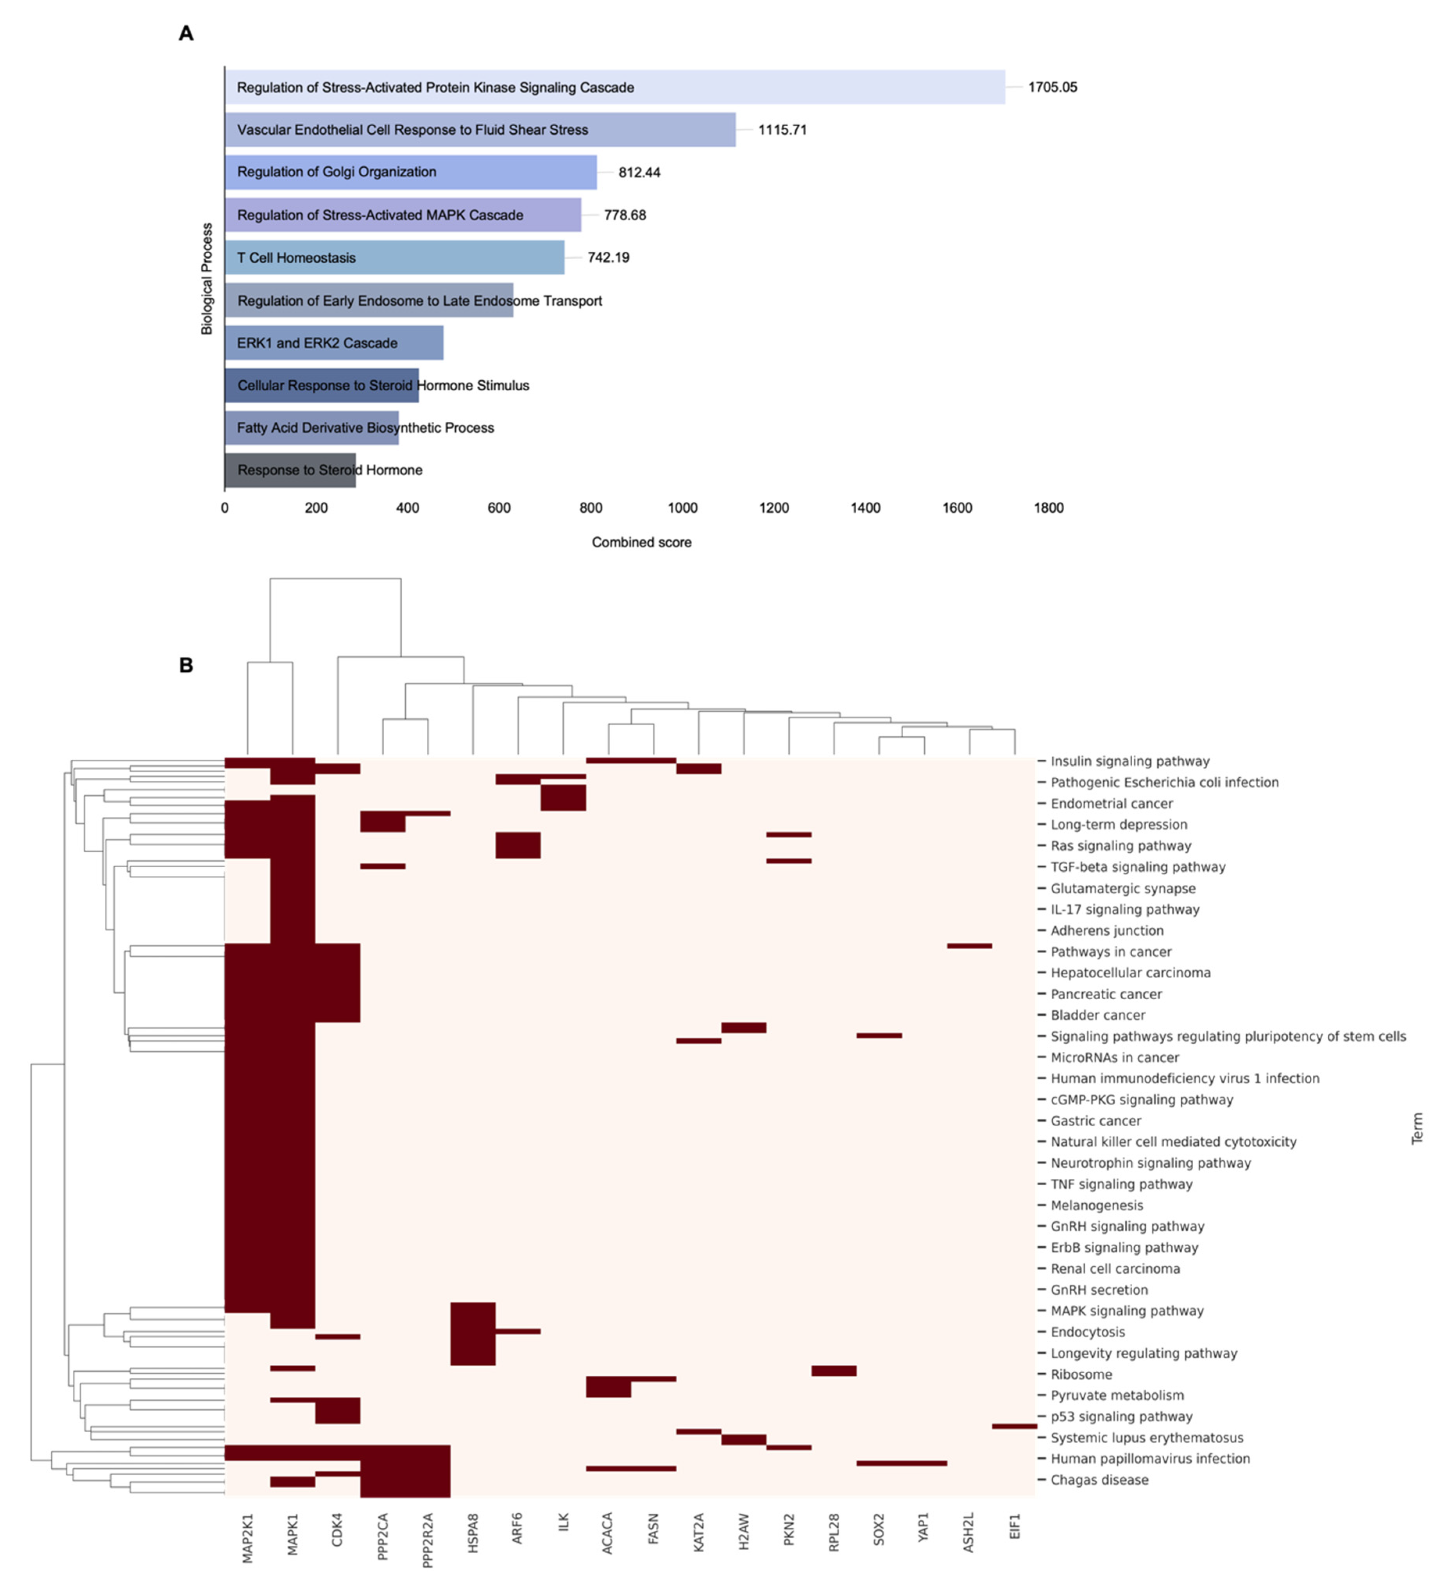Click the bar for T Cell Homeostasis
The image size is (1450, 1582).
(x=394, y=258)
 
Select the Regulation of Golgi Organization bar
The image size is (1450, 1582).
(x=410, y=172)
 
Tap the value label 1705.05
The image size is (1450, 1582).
(x=1052, y=87)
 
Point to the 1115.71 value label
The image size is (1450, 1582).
(x=782, y=129)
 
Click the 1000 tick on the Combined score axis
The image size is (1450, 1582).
(x=682, y=508)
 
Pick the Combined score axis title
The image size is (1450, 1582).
(x=641, y=542)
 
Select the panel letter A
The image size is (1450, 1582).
(x=186, y=33)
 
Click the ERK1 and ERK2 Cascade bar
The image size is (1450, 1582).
(x=333, y=343)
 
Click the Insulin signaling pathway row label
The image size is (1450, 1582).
(x=1129, y=761)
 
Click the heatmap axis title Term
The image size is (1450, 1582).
(x=1417, y=1127)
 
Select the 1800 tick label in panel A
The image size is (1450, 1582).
(x=1048, y=508)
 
